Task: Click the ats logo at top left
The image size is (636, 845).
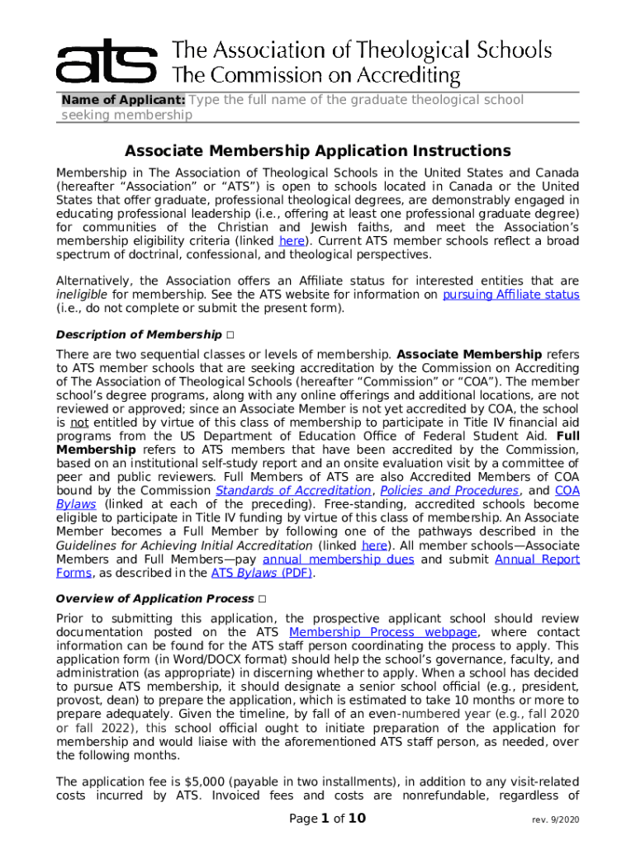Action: [x=106, y=60]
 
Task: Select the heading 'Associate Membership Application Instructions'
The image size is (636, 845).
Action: [x=318, y=151]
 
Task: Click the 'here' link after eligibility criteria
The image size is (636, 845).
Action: [x=292, y=241]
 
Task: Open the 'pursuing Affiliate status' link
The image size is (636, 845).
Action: [x=511, y=295]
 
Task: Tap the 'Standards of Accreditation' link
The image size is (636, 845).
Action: [x=293, y=490]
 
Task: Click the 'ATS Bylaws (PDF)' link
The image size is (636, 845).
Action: [x=262, y=574]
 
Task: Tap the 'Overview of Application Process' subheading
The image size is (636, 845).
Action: [x=154, y=599]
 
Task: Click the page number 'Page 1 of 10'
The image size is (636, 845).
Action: [x=327, y=819]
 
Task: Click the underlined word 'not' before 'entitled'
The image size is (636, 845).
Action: [x=71, y=422]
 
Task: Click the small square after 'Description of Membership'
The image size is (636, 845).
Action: [x=228, y=335]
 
